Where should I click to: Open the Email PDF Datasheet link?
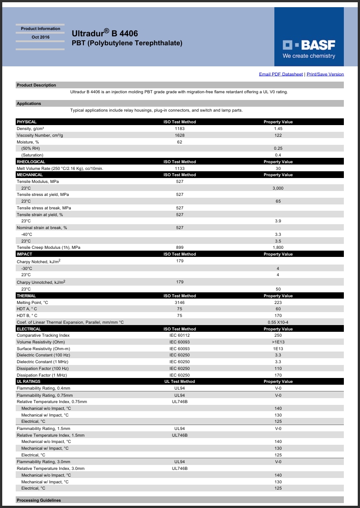click(x=281, y=74)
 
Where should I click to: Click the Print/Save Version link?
click(x=325, y=74)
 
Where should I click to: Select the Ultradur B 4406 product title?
click(x=105, y=34)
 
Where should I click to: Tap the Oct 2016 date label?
click(x=40, y=37)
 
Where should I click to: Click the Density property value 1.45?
click(x=278, y=129)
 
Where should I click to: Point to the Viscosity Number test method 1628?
click(x=180, y=135)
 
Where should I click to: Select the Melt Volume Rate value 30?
click(x=278, y=169)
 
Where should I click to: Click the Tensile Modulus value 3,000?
click(x=278, y=188)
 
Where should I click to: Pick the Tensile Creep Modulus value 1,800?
click(x=278, y=247)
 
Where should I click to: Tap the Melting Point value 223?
click(x=278, y=303)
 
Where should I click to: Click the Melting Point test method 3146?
click(x=180, y=303)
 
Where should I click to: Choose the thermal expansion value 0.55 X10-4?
click(x=278, y=322)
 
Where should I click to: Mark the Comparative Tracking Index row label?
click(x=43, y=335)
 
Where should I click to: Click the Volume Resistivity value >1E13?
click(x=278, y=342)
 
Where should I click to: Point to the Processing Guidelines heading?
click(x=39, y=500)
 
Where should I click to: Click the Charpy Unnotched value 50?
click(x=278, y=289)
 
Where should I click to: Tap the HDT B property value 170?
click(x=278, y=316)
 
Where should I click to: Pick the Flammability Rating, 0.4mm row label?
click(x=43, y=388)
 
